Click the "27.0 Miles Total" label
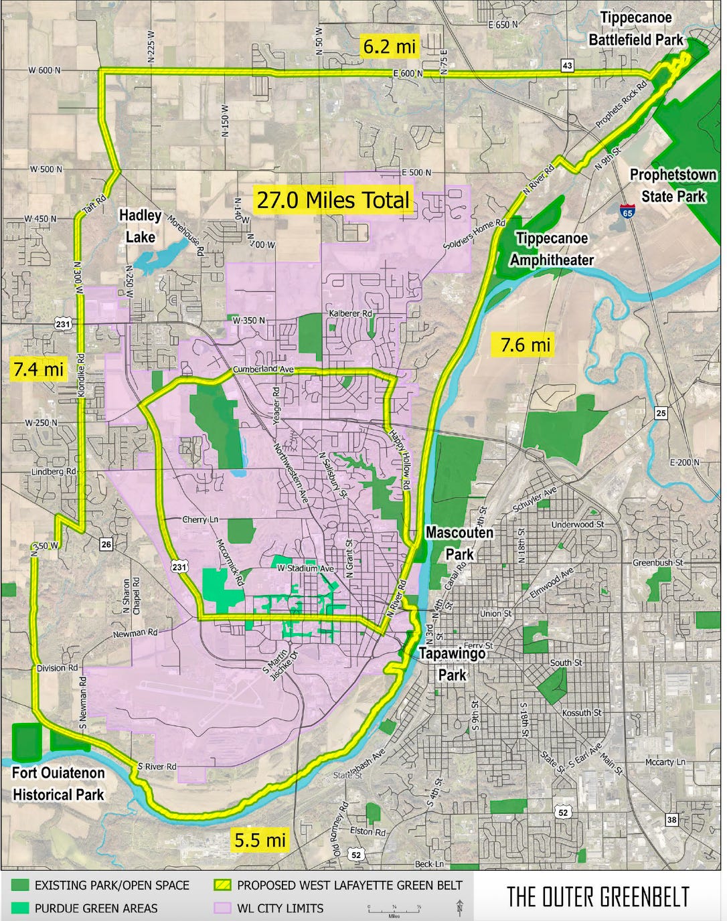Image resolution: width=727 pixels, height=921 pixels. [x=333, y=199]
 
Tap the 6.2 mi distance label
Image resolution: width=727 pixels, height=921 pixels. [x=390, y=46]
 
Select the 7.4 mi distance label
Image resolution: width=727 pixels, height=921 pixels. [x=38, y=368]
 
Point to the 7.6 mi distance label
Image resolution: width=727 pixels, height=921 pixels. [x=526, y=345]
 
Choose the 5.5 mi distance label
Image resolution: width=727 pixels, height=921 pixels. [x=260, y=839]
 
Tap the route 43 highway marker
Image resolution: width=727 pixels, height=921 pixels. [x=567, y=65]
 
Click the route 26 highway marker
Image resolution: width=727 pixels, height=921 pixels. [x=106, y=544]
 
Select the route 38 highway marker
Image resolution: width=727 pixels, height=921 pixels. [x=671, y=820]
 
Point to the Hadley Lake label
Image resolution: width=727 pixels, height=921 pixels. [x=141, y=226]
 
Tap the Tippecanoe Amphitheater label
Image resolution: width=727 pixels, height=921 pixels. [x=552, y=248]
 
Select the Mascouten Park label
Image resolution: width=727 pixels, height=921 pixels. [x=459, y=543]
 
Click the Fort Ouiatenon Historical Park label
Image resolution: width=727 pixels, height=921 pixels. [x=59, y=784]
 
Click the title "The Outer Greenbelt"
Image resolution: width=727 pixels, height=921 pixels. [x=597, y=896]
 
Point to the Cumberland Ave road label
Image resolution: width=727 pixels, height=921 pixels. [x=264, y=369]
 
